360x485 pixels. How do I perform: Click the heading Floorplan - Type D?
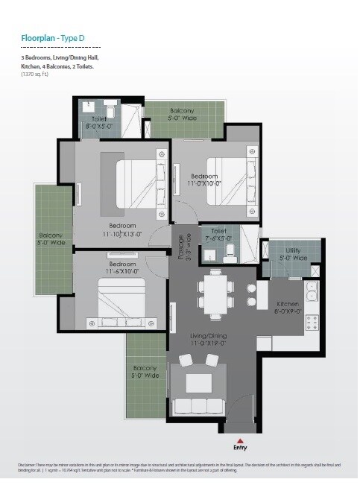point(56,36)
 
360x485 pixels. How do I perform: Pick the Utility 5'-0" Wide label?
point(292,255)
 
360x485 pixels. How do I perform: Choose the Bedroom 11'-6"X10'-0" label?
point(121,268)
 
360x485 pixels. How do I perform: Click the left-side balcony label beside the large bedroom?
point(51,239)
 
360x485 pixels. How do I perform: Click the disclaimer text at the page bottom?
point(179,468)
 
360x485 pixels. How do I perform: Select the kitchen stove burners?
point(312,323)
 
